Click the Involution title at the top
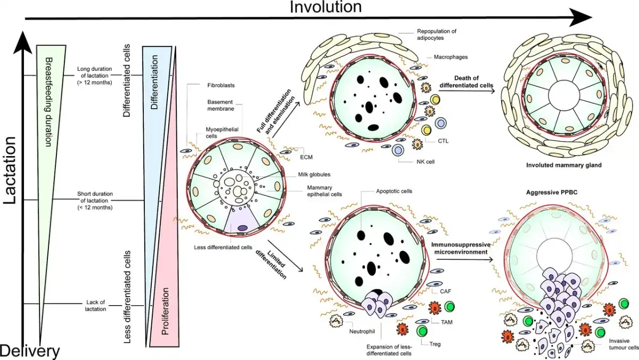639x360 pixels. pos(326,7)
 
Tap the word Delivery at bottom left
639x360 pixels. pos(29,351)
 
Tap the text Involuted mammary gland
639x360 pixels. pos(564,166)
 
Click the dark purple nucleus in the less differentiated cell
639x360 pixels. pos(242,228)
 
